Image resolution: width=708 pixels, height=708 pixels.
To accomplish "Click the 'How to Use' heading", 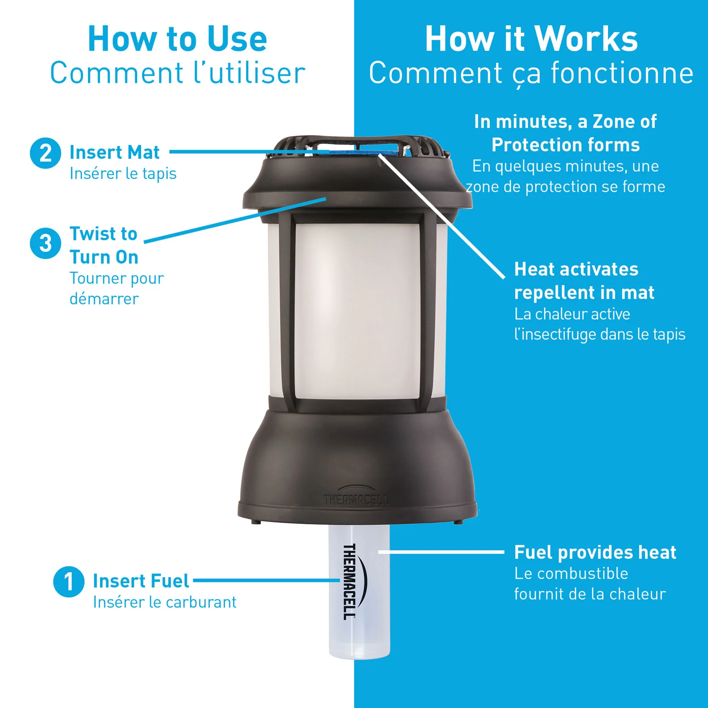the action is pyautogui.click(x=177, y=38).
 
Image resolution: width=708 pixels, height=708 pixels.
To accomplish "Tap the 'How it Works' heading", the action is pyautogui.click(x=531, y=38).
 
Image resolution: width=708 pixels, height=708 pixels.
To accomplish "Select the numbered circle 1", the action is pyautogui.click(x=69, y=581).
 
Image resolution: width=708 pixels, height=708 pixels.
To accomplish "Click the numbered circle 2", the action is pyautogui.click(x=45, y=153).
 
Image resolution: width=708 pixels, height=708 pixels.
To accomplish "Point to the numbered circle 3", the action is pyautogui.click(x=45, y=243).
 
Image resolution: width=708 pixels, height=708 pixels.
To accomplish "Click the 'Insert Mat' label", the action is pyautogui.click(x=115, y=152).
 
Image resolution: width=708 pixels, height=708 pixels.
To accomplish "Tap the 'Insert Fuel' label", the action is pyautogui.click(x=141, y=581).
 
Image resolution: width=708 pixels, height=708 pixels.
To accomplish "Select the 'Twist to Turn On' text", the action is pyautogui.click(x=104, y=245).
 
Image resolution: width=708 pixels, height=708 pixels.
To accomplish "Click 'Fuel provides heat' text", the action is pyautogui.click(x=595, y=552).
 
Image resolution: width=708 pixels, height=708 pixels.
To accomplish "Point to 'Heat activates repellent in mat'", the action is pyautogui.click(x=584, y=281).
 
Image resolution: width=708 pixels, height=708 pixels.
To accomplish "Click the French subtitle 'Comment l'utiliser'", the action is pyautogui.click(x=177, y=73).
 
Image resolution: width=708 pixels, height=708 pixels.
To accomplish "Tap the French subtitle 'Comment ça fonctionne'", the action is pyautogui.click(x=531, y=74).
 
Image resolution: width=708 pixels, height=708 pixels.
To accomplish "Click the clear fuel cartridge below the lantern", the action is pyautogui.click(x=359, y=591).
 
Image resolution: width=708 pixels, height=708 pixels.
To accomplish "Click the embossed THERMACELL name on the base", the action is pyautogui.click(x=356, y=500).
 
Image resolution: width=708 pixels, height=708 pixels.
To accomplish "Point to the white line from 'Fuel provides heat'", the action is pyautogui.click(x=441, y=552).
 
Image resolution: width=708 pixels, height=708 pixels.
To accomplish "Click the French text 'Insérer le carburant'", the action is pyautogui.click(x=165, y=602).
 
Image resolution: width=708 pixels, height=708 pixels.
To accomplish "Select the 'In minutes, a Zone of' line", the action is pyautogui.click(x=565, y=122).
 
